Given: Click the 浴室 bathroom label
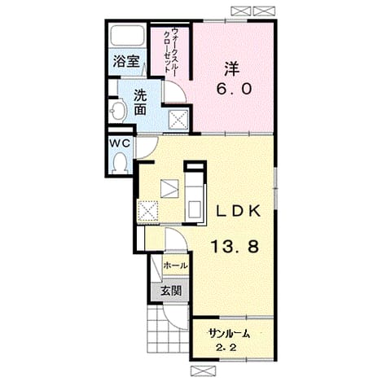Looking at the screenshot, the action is pos(126,61).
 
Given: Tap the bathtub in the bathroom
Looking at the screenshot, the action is pos(127,36).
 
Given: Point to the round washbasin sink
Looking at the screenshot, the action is pos(118,111).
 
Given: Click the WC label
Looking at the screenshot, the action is pos(120,143).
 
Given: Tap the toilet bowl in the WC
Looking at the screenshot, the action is pos(120,163).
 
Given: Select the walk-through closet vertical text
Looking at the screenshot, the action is pos(169,52).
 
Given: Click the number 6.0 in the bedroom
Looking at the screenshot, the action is pos(234,89).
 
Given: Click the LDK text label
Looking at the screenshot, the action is pos(239,211).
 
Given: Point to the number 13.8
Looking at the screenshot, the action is pos(235,247).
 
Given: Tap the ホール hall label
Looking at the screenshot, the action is pos(175,266).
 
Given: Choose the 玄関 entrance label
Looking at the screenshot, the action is pos(171,291).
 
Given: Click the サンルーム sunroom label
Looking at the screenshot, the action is pos(229,333).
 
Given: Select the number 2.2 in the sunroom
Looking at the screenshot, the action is pos(226,348).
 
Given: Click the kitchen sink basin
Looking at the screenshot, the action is pos(195,209).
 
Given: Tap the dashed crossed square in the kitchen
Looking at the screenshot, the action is pos(148,211).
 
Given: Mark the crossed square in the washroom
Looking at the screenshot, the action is pos(178,120).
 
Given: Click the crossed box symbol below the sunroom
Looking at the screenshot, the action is pos(203,370).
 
